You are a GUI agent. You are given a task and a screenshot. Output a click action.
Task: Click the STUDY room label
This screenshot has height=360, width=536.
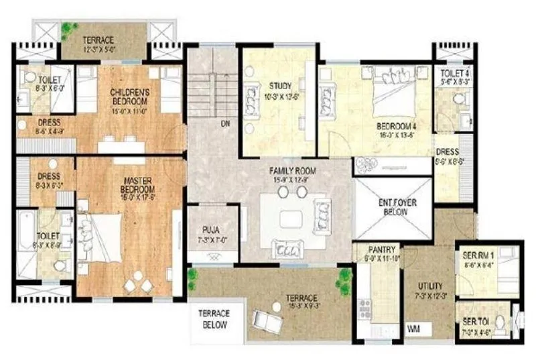tap(280, 86)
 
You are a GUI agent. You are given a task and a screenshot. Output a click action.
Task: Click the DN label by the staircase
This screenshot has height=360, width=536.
tap(225, 124)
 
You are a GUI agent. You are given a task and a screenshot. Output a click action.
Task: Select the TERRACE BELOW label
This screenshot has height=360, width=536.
tap(213, 318)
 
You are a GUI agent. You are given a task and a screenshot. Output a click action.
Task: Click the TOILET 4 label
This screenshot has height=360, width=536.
tap(454, 75)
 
